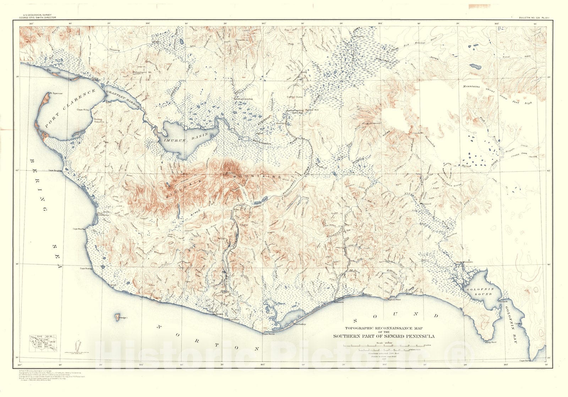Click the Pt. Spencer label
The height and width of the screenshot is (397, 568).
point(56,93)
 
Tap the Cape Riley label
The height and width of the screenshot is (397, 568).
point(83,110)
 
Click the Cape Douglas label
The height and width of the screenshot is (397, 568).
point(55,170)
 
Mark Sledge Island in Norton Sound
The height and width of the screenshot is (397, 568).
point(117,315)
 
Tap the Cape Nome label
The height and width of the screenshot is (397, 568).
point(269,333)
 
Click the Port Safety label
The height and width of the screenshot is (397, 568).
point(299,324)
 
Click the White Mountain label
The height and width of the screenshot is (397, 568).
point(464,262)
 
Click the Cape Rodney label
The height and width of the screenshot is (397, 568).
point(86,268)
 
